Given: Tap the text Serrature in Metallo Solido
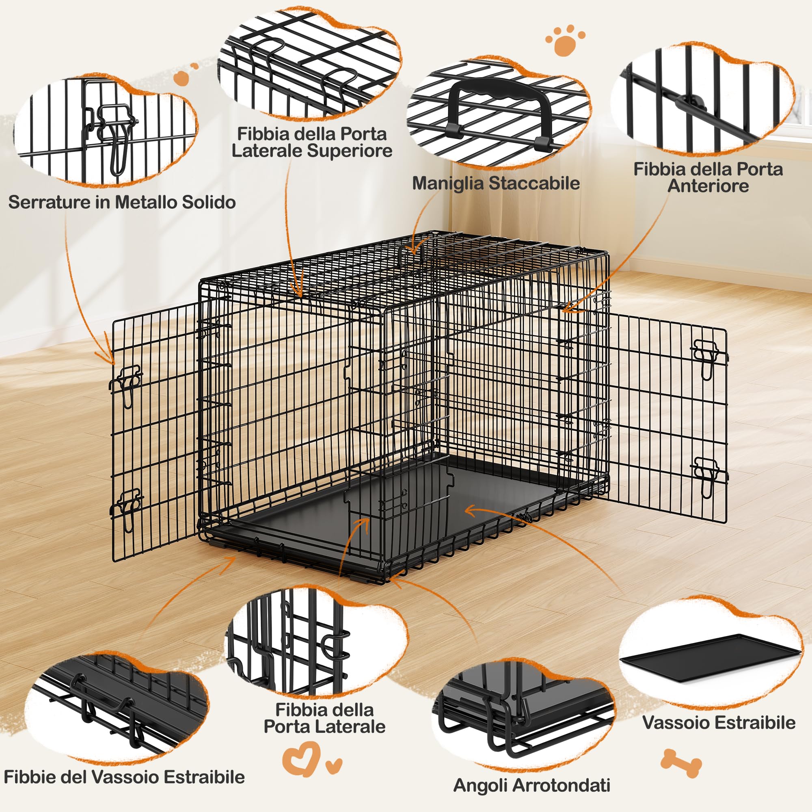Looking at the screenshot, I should (x=122, y=202).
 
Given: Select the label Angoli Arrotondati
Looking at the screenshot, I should (x=532, y=785).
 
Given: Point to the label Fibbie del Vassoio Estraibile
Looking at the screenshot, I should (x=124, y=776).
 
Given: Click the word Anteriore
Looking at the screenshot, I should (x=708, y=186).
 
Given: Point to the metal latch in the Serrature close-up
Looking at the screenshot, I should (x=112, y=134).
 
